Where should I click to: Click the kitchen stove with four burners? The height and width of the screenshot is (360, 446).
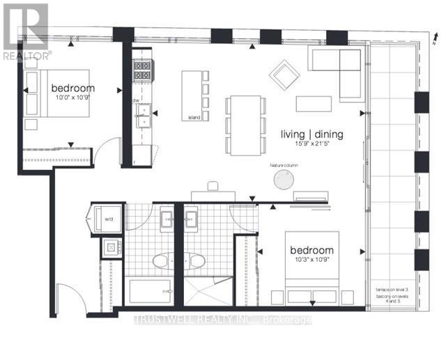tap(143, 70)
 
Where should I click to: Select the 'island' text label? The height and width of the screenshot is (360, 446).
tap(194, 118)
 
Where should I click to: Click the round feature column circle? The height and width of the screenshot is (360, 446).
tap(284, 180)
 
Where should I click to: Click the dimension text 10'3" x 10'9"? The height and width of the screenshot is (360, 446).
tap(311, 260)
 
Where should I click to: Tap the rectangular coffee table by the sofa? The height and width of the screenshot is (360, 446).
tap(314, 103)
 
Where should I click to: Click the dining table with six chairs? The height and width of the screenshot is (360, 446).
tap(245, 125)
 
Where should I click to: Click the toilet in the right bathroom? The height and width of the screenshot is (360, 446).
tap(197, 260)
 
